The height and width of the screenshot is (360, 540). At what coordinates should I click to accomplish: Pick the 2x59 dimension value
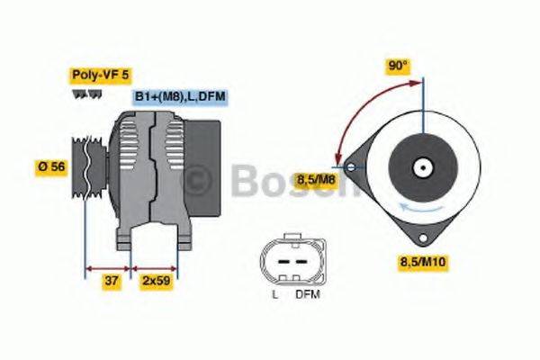(156, 282)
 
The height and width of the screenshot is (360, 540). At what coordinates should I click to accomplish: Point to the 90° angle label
(397, 66)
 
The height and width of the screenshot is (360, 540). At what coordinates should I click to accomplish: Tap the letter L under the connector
(274, 294)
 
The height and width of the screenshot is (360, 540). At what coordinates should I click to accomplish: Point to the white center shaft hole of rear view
(420, 166)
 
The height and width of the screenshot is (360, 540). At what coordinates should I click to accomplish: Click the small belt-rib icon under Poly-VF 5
(86, 93)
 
